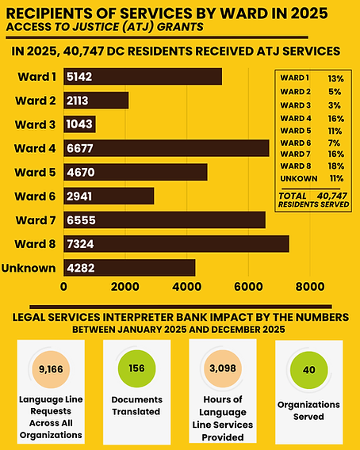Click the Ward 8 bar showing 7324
(x=175, y=243)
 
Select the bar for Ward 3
(x=79, y=124)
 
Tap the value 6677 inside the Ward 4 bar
(x=82, y=148)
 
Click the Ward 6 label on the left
(x=34, y=196)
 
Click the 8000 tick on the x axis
(x=309, y=287)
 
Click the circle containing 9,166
(x=50, y=369)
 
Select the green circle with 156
(x=136, y=368)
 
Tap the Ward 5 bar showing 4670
(x=135, y=172)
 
